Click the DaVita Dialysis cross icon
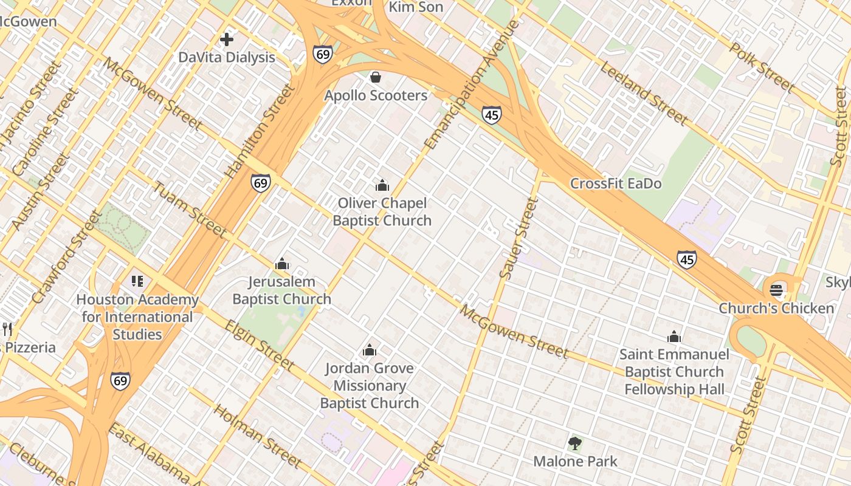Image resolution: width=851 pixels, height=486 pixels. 227,40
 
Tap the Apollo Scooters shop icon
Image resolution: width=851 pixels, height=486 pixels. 376,77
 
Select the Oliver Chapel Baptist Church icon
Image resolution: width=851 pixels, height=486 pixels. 382,185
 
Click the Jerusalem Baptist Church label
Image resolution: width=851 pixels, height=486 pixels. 282,290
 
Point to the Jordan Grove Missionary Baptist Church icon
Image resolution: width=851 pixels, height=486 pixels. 369,350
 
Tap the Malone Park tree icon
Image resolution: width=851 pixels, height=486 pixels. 575,443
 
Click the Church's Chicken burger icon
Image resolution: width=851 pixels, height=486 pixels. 776,290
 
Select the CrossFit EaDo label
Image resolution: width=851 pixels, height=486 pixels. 615,183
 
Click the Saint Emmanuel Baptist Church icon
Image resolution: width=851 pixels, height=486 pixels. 674,337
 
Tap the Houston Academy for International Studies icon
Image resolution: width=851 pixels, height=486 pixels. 137,281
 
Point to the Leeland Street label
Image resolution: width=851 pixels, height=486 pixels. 643,94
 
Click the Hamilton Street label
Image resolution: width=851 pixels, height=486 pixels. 260,131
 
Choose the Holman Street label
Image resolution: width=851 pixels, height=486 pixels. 258,436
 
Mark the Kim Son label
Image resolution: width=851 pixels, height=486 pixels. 416,7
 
